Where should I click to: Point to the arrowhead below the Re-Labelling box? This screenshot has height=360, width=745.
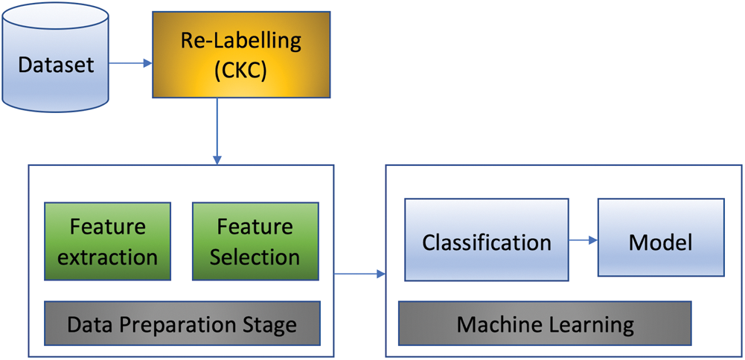217,158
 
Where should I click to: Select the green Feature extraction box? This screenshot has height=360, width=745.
107,241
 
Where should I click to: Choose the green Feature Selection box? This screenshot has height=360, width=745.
255,241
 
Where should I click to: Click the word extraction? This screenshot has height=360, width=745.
107,257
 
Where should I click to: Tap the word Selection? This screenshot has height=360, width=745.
255,257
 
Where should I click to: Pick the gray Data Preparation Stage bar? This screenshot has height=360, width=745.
182,324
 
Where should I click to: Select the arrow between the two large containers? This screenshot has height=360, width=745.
359,274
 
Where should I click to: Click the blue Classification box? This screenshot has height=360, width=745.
487,240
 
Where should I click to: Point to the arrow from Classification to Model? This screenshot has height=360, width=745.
583,240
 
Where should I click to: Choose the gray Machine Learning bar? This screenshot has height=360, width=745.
545,324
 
